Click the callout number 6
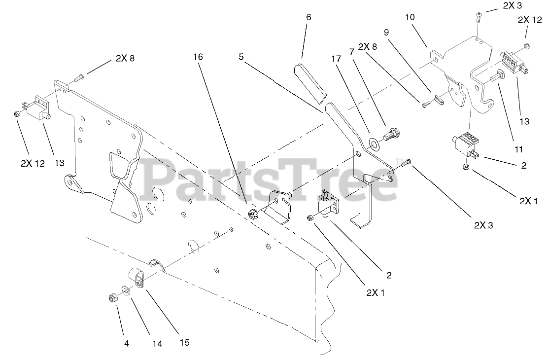click(x=309, y=17)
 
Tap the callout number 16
click(x=197, y=57)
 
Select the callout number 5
click(x=241, y=57)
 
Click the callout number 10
click(x=410, y=17)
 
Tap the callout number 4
click(x=126, y=344)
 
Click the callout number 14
click(x=157, y=344)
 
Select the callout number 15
click(x=184, y=342)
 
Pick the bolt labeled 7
click(x=391, y=133)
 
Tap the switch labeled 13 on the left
click(x=38, y=109)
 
